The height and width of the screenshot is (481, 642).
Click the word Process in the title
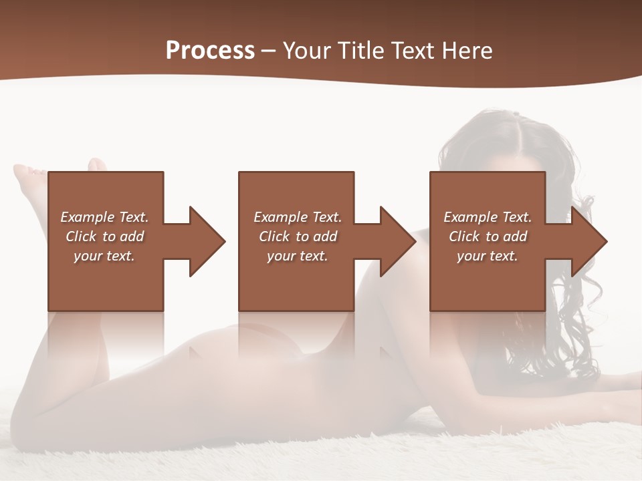click(x=210, y=51)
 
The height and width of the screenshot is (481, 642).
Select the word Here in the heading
click(x=466, y=51)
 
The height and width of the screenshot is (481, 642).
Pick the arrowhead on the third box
click(x=588, y=241)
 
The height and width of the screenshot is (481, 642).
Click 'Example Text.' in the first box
click(x=104, y=217)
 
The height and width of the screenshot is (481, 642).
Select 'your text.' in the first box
click(x=104, y=256)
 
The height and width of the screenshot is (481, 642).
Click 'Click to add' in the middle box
click(x=298, y=236)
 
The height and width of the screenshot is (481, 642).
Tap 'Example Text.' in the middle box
click(x=298, y=217)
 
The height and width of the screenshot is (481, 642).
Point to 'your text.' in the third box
click(x=488, y=256)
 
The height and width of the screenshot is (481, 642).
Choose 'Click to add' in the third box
click(x=488, y=236)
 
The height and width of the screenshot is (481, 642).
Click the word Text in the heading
click(x=410, y=51)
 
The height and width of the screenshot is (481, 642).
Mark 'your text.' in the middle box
click(x=298, y=256)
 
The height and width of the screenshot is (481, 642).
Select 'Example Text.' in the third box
click(x=488, y=217)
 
